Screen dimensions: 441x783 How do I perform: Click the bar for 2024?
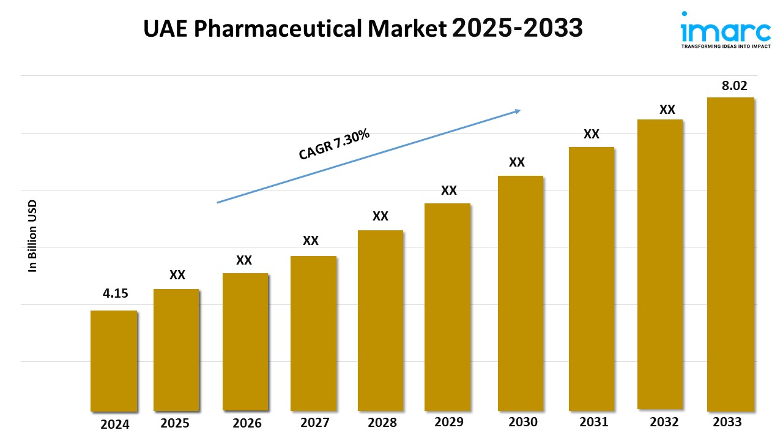(114, 361)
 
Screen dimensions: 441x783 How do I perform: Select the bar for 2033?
(730, 254)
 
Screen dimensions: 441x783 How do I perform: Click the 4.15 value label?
(116, 293)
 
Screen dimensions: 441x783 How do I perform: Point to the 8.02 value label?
(734, 86)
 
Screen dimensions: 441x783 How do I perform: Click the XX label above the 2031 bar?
(591, 134)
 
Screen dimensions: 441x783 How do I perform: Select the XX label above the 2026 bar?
(244, 260)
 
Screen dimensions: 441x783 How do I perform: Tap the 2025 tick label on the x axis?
(175, 423)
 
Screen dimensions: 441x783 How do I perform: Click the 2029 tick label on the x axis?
(449, 422)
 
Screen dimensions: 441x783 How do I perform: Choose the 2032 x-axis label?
(664, 422)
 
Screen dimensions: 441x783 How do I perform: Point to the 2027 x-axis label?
(316, 423)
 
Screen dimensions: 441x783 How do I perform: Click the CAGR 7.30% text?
(334, 145)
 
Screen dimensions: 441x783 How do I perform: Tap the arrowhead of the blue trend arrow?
(517, 111)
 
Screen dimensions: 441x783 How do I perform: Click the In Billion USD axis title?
(33, 236)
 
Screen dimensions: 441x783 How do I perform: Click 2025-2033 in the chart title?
(517, 28)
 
